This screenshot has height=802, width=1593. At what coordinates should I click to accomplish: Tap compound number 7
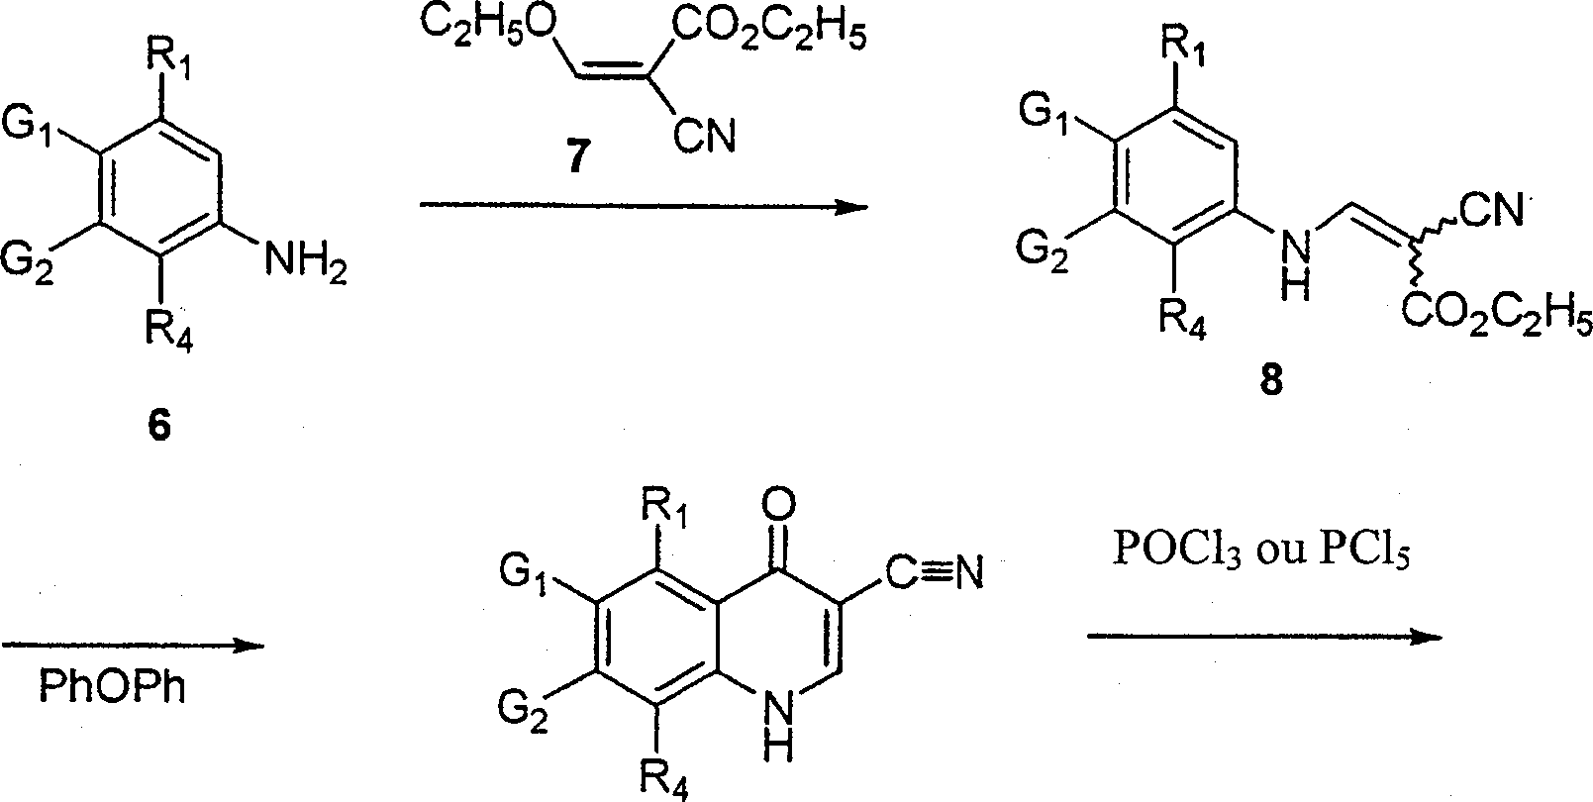point(576,158)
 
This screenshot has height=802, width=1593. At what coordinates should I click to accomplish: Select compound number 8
point(1270,380)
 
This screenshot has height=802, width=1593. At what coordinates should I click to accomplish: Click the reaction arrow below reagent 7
point(643,206)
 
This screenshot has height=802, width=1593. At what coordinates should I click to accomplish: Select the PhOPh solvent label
point(112,686)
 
